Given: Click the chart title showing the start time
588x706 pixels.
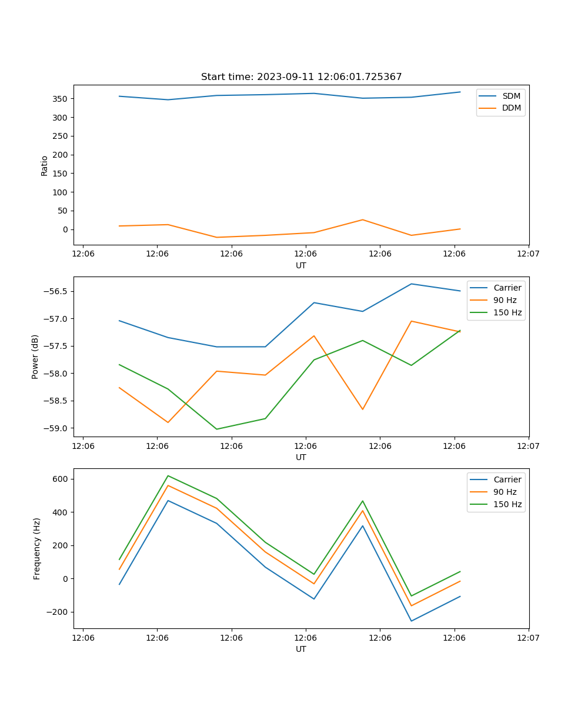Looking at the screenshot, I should (x=301, y=77).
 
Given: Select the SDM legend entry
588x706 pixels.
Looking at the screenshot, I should (x=511, y=96).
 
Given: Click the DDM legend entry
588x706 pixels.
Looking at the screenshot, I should (x=511, y=108).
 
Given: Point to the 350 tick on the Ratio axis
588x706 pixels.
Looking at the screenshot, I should (x=61, y=99).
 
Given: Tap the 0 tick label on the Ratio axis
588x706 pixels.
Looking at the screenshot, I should (x=66, y=229).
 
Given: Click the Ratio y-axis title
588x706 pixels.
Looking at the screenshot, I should (x=45, y=165).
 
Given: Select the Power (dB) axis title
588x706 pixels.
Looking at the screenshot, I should (x=35, y=357).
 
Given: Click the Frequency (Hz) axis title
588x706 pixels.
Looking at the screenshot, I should (x=36, y=548).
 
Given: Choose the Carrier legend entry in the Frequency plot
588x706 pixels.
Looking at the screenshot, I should (x=507, y=479).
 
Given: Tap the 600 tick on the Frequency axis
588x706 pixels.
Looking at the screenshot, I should (x=61, y=479).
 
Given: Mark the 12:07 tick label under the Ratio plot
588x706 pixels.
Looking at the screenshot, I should (x=529, y=254).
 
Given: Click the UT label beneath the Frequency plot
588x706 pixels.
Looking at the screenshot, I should (x=301, y=649).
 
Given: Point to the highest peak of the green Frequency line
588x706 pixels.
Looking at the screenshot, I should (x=168, y=475).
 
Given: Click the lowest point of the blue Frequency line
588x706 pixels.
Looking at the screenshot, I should (x=411, y=621).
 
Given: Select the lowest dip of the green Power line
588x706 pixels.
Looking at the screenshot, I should (x=216, y=429).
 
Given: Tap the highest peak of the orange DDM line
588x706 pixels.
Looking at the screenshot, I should (x=362, y=219).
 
